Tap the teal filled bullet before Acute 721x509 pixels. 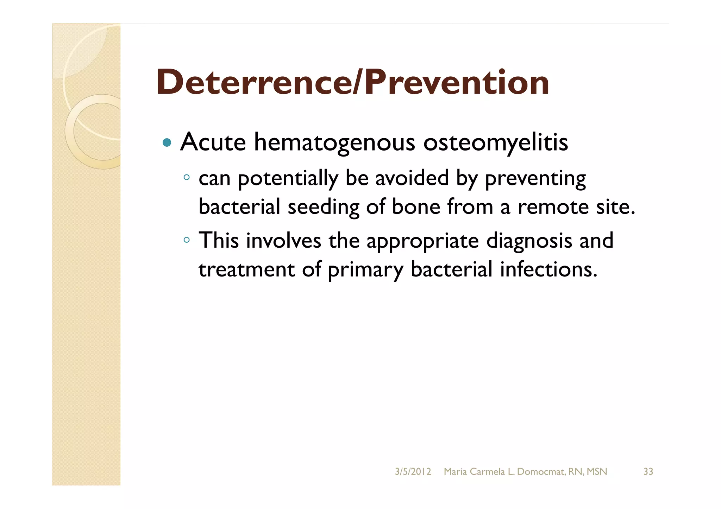click(167, 142)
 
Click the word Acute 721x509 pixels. click(213, 142)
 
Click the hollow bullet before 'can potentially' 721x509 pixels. click(187, 177)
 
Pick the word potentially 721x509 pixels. click(288, 179)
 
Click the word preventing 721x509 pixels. click(535, 179)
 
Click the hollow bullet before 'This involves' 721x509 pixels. click(187, 240)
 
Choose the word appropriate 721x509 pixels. click(422, 241)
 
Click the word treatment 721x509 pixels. click(246, 269)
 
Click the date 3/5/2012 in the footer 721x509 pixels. click(413, 472)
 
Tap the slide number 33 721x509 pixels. click(648, 472)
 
